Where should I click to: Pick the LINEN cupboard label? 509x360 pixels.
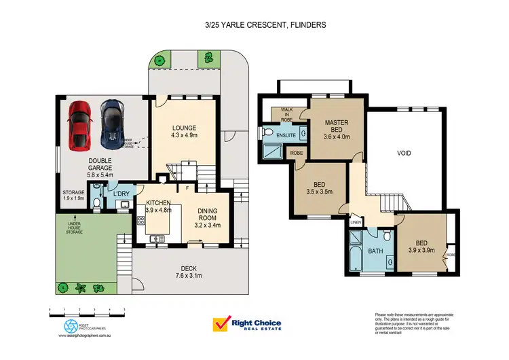[356, 221]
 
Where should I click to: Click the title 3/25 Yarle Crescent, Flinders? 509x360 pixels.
[256, 25]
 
